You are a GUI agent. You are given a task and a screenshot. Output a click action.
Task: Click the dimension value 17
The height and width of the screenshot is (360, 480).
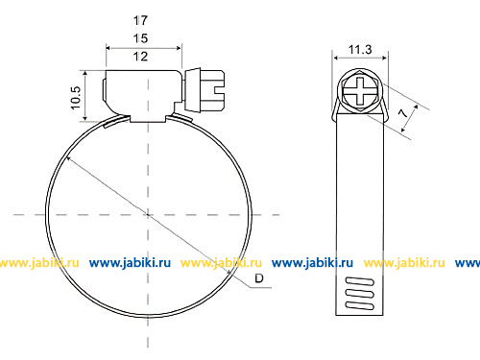coord(140,20)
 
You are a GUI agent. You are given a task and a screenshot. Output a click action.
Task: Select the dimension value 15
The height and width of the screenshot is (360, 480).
coord(140,38)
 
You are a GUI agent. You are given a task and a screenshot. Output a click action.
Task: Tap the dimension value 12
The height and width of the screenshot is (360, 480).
coord(140,57)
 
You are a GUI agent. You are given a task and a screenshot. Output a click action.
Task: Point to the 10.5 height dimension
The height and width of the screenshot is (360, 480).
coord(76,98)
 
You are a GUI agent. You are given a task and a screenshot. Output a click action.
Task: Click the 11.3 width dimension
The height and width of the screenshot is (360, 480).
coord(360,50)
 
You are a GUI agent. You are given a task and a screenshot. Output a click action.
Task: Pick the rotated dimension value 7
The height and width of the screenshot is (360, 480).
coord(403,113)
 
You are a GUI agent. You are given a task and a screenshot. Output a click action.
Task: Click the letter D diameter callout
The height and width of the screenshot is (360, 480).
coord(259,278)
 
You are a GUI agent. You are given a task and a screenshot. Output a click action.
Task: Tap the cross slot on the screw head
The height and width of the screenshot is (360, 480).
coord(360,91)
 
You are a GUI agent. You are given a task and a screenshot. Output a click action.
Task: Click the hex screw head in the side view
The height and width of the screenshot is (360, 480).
coord(360,90)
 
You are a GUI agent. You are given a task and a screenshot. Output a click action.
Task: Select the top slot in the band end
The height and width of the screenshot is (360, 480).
coord(360,281)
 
